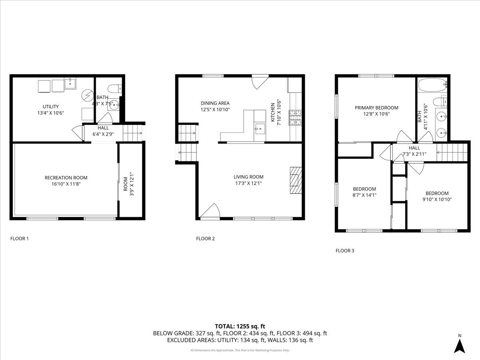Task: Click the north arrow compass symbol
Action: tap(460, 346)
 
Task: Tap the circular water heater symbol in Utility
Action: tap(87, 95)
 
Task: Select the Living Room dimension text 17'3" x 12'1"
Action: tap(248, 183)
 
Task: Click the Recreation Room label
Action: tap(66, 178)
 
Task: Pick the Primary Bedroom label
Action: tap(376, 108)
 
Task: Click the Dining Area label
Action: tap(215, 103)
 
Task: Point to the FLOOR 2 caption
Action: tap(205, 239)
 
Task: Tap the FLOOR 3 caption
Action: tap(344, 251)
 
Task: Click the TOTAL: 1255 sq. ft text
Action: tap(240, 326)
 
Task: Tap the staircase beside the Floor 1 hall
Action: tap(132, 133)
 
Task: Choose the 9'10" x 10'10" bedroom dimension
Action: tap(437, 199)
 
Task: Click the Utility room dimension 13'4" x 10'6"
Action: tap(51, 113)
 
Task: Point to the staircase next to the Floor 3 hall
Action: tap(452, 152)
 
